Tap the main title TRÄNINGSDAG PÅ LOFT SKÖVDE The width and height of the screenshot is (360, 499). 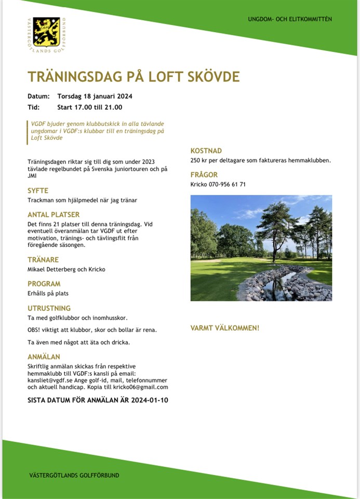(x=134, y=77)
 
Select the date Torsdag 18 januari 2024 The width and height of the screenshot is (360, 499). (x=95, y=96)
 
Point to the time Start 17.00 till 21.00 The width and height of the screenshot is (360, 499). (x=89, y=108)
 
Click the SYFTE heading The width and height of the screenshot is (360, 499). (x=38, y=191)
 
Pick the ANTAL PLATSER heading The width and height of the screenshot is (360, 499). (x=54, y=214)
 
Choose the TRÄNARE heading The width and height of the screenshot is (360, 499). (x=43, y=259)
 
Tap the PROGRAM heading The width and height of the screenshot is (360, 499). (x=44, y=284)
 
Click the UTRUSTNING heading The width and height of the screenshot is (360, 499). (x=49, y=308)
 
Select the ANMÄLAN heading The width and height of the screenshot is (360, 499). (x=44, y=357)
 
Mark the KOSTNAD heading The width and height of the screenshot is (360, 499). (x=206, y=151)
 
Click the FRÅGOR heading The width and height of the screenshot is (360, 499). (x=204, y=175)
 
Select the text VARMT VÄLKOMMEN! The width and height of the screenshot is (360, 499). (x=224, y=328)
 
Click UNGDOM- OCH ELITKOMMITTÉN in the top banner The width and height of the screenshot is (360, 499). (x=290, y=19)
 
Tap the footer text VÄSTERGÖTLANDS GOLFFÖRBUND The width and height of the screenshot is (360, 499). (x=74, y=476)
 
